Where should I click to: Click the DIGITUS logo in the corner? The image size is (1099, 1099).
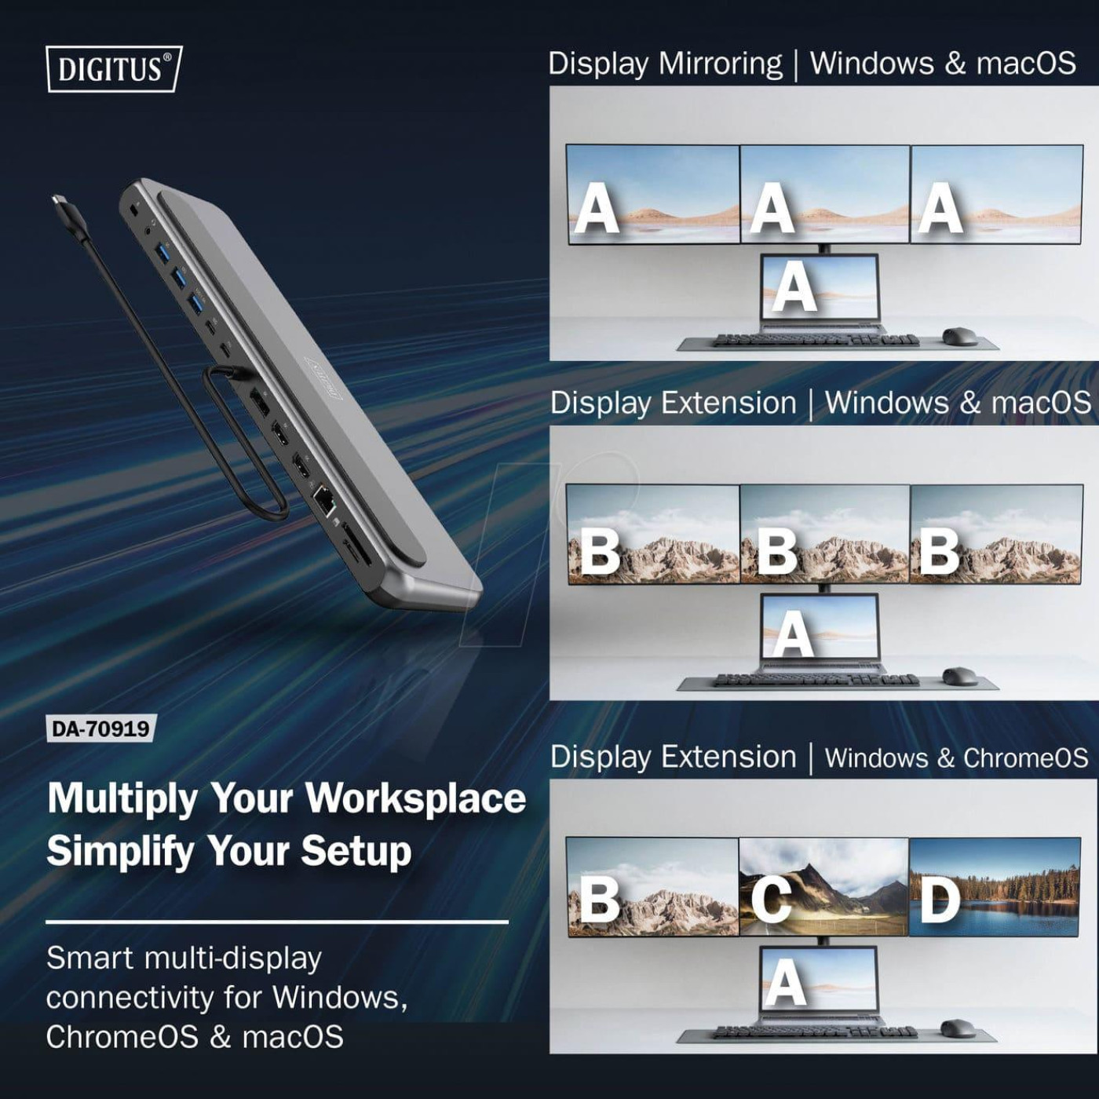point(114,69)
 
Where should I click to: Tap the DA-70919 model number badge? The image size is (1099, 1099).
point(100,728)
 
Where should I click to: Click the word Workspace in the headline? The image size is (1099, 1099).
point(415,798)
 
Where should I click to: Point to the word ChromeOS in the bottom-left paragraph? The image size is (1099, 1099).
point(122,1037)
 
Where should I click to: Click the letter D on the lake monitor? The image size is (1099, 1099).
point(940,900)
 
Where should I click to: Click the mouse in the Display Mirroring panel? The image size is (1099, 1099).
point(959,336)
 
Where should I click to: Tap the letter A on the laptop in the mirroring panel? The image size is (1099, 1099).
point(794,287)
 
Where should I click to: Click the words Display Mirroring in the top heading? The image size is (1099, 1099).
point(665,63)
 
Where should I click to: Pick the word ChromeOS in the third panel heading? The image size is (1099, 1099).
point(1025,758)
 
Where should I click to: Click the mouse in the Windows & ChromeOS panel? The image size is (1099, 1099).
point(958,1028)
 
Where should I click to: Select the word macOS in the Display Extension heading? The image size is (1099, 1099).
point(1041,403)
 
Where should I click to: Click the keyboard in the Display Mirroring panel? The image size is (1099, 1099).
point(816,340)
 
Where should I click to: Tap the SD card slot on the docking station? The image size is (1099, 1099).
point(355,550)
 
